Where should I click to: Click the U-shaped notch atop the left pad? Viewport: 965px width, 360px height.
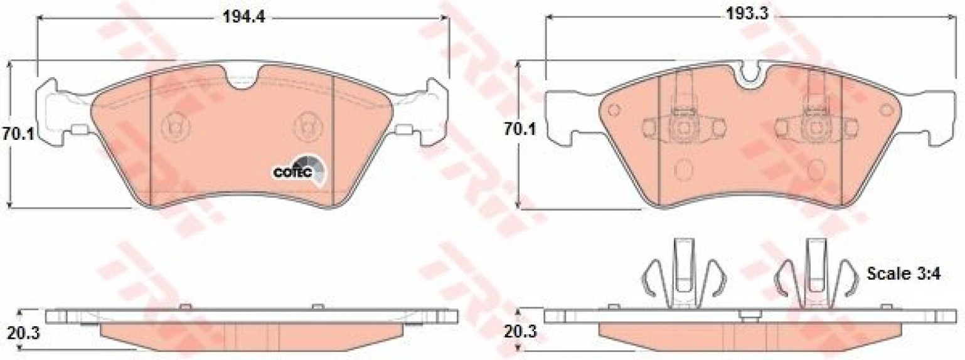[x=242, y=78]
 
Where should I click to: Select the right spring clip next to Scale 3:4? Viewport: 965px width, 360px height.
[x=816, y=274]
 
